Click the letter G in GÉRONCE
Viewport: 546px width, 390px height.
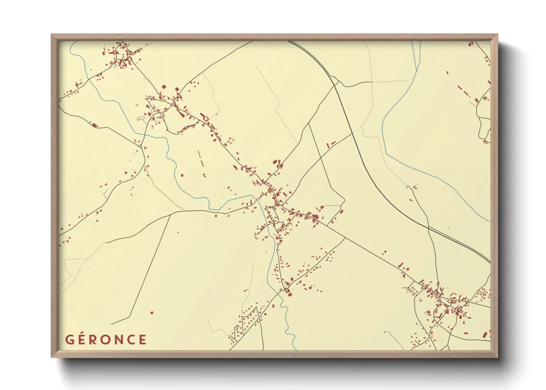pyautogui.click(x=70, y=339)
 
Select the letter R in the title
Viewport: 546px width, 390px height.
pyautogui.click(x=94, y=339)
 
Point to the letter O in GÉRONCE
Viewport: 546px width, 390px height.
pyautogui.click(x=106, y=339)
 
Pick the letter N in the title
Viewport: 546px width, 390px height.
pyautogui.click(x=119, y=339)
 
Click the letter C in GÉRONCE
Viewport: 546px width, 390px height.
pyautogui.click(x=131, y=339)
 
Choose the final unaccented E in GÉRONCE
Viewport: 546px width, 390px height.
pyautogui.click(x=143, y=339)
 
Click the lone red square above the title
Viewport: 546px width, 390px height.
pyautogui.click(x=152, y=313)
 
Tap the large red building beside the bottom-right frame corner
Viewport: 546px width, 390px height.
pyautogui.click(x=485, y=335)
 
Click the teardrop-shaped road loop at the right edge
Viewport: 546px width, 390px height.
pyautogui.click(x=484, y=129)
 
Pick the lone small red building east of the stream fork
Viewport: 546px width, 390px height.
pyautogui.click(x=447, y=73)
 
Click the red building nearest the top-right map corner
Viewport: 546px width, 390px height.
pyautogui.click(x=470, y=44)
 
